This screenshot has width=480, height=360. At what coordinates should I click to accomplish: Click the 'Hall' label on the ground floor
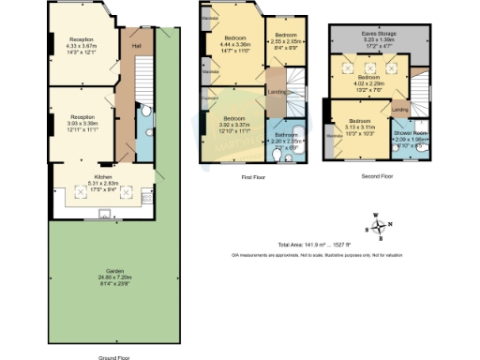(135, 46)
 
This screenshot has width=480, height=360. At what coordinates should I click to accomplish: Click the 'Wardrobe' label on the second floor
(333, 136)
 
